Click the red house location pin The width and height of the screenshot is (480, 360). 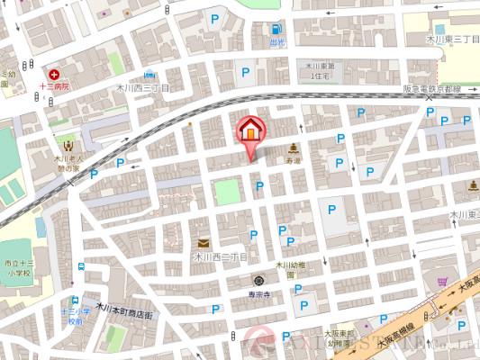(x=249, y=131)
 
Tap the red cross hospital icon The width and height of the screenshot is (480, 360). (x=54, y=73)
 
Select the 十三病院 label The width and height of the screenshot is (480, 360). (x=54, y=86)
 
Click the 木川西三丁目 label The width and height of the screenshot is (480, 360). (x=142, y=88)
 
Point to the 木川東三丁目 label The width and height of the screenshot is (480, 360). (x=453, y=40)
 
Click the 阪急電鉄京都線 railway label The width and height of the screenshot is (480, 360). (x=430, y=90)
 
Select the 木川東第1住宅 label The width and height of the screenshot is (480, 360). (x=319, y=71)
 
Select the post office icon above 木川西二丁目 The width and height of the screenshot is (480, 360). (x=203, y=243)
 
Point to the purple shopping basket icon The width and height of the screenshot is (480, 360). (x=442, y=282)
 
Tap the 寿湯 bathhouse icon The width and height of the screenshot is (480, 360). (x=294, y=148)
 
